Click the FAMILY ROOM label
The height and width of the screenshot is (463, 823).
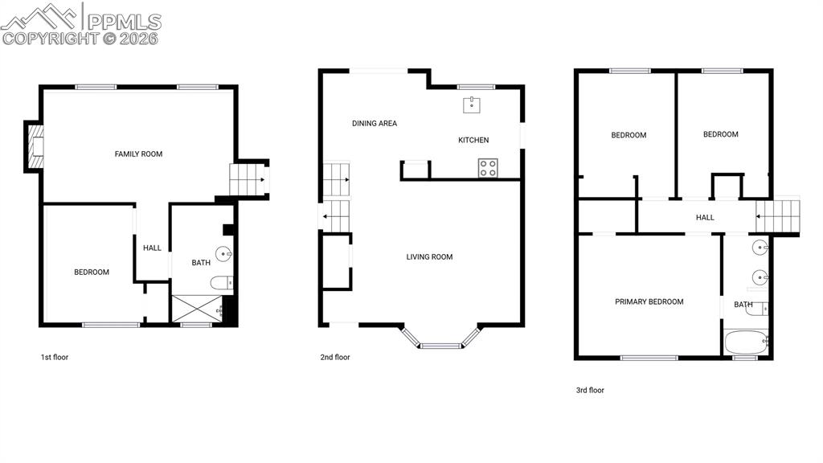(138, 154)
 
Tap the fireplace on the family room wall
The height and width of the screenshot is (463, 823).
(35, 146)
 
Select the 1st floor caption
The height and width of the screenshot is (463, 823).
(55, 357)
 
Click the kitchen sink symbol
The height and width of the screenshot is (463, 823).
(471, 105)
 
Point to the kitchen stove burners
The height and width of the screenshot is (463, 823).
(488, 168)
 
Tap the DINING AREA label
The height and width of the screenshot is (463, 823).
(375, 123)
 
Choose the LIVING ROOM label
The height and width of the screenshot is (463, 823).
(429, 256)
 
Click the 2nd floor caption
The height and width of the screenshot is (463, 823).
(335, 357)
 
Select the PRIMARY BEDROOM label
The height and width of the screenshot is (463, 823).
(649, 302)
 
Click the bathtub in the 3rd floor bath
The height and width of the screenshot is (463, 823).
(746, 342)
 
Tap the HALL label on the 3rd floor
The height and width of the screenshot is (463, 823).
(705, 217)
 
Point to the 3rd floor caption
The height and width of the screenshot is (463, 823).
(590, 390)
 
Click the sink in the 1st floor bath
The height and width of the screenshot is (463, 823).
(224, 254)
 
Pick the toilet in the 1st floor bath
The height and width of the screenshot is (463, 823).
(222, 284)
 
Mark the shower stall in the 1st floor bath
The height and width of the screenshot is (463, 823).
(197, 308)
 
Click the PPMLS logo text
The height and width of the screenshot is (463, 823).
(124, 21)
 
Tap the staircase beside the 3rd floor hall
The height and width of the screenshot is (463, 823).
(777, 216)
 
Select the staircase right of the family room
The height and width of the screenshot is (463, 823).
(248, 179)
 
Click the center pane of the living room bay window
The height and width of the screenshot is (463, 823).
(441, 346)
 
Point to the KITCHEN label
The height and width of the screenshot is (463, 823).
(473, 140)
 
